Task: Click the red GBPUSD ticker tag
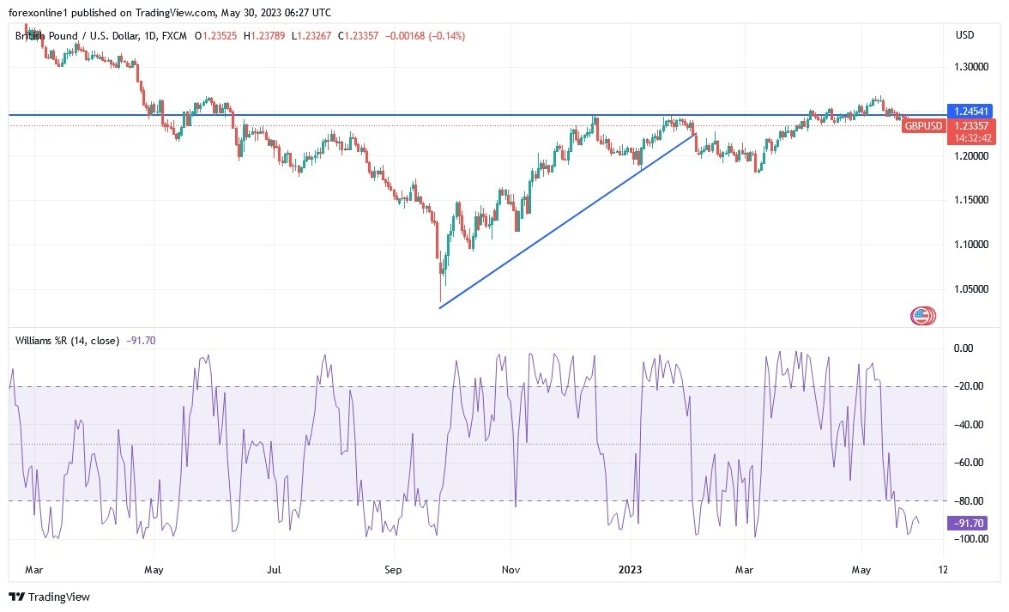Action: (924, 126)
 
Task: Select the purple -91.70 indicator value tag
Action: (966, 523)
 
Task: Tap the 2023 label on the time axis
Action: (631, 569)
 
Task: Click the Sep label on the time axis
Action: (393, 569)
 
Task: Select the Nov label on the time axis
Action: (511, 569)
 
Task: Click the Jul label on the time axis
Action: (274, 569)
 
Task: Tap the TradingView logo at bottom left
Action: (49, 597)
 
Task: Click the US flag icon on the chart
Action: (923, 316)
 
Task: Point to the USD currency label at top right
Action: (965, 35)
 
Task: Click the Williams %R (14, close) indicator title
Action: (67, 340)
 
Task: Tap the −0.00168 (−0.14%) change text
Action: (430, 36)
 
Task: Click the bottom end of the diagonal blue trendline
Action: (440, 308)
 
